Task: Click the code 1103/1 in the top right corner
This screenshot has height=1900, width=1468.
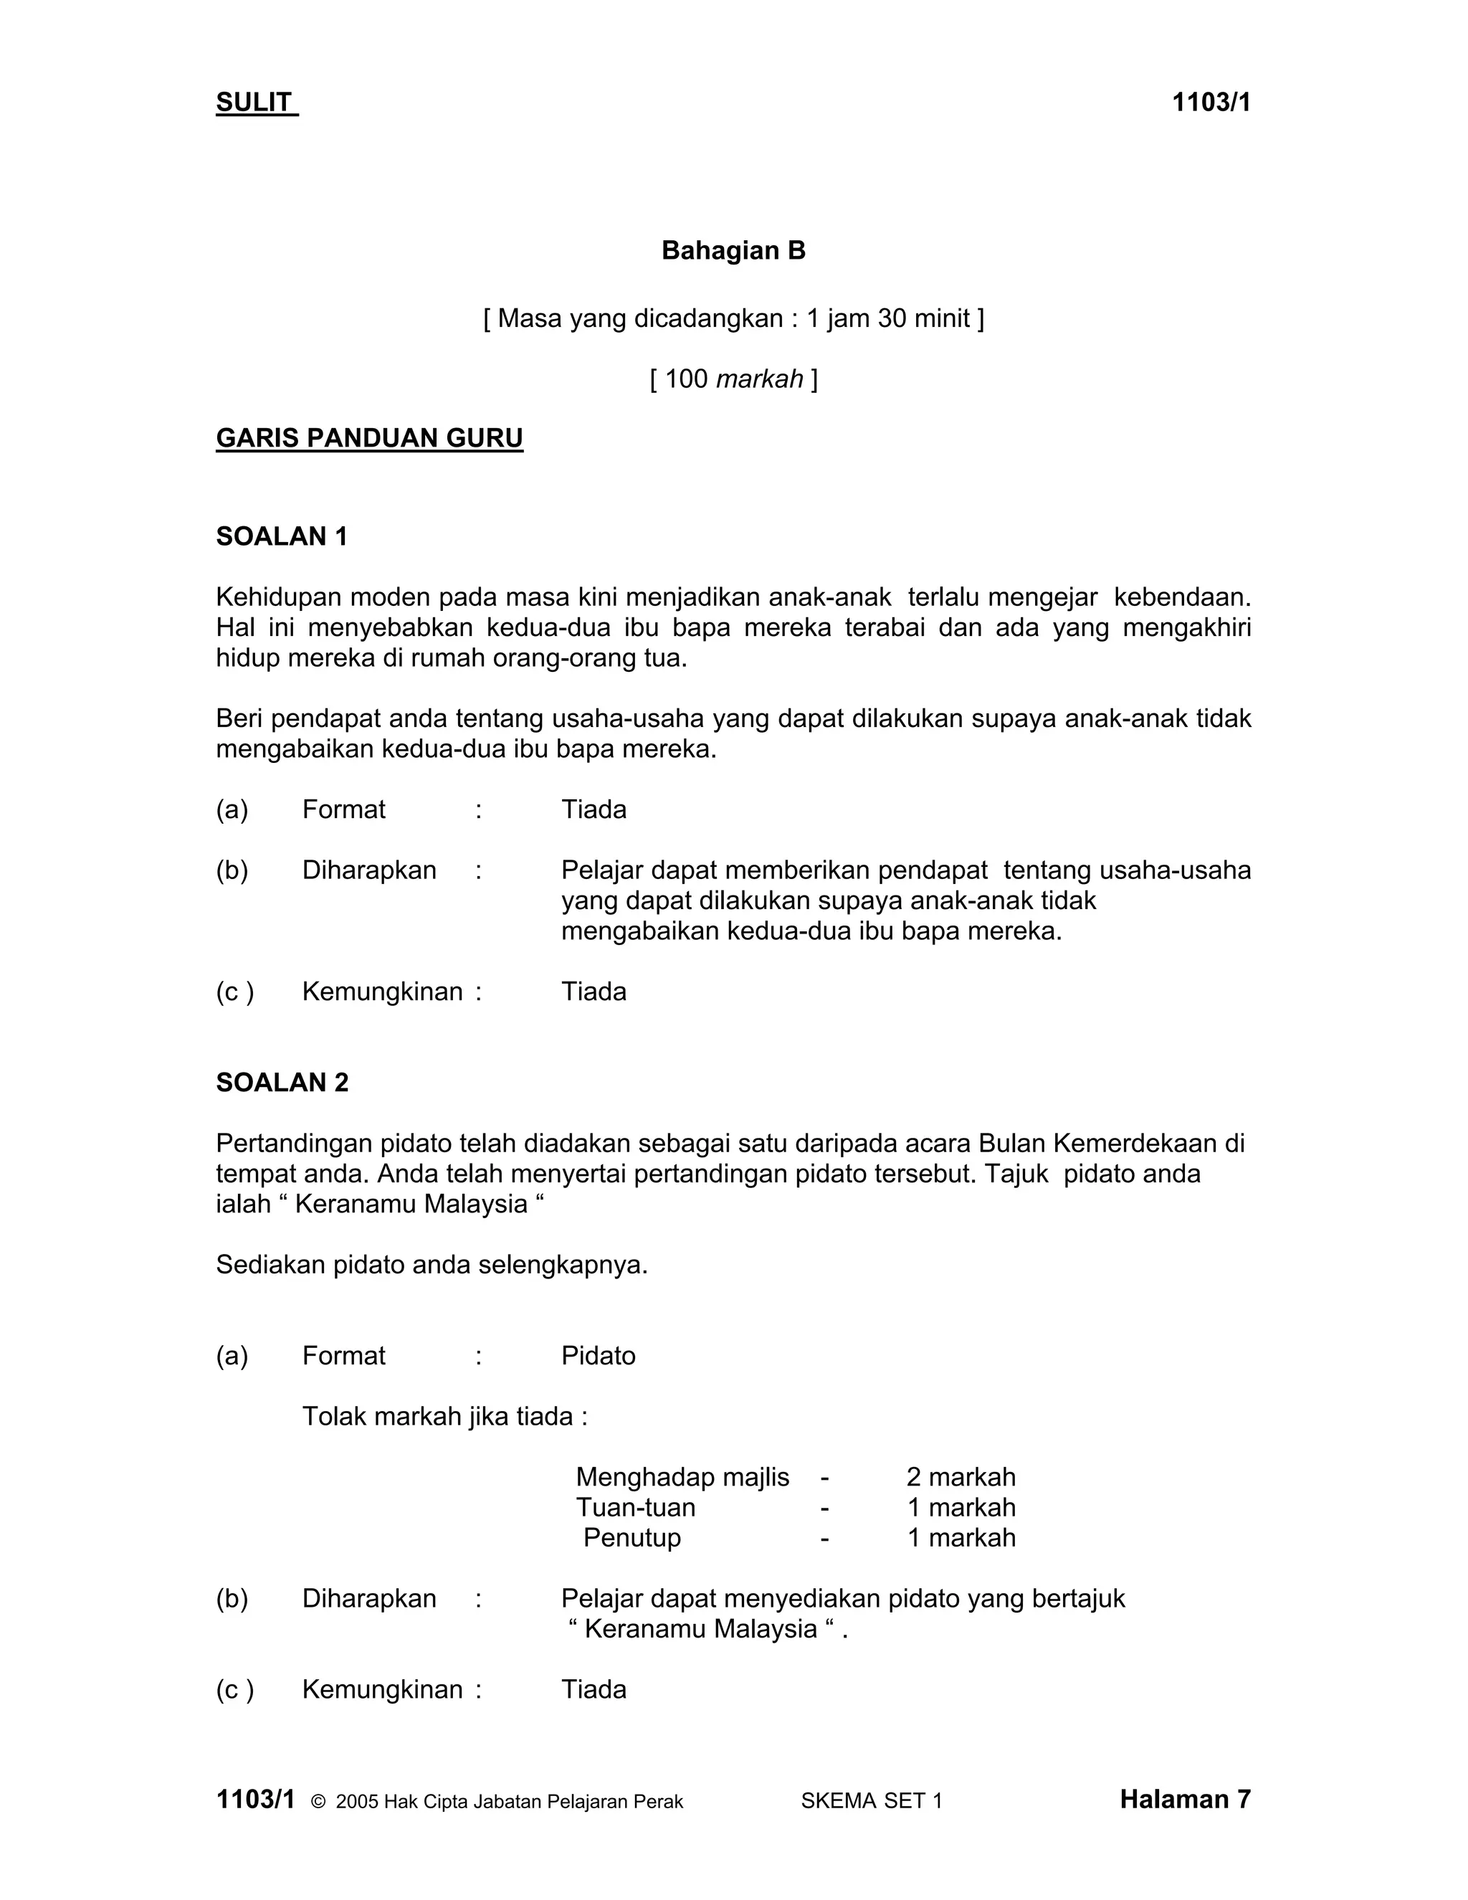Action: (x=1211, y=103)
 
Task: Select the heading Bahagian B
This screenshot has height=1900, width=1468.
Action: (x=733, y=250)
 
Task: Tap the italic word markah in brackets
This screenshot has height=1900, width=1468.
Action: (x=759, y=379)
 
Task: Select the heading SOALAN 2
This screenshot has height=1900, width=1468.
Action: (x=282, y=1082)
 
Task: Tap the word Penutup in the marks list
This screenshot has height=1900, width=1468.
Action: (x=631, y=1537)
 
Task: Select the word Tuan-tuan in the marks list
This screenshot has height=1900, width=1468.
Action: (x=635, y=1508)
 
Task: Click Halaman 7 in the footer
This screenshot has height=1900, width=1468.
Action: (x=1184, y=1799)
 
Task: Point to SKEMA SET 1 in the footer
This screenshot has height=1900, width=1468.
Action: (x=872, y=1801)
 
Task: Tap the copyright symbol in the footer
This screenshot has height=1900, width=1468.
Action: (x=318, y=1802)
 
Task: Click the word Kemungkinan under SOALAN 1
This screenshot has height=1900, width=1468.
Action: (x=382, y=992)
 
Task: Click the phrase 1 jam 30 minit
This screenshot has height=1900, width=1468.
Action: (x=887, y=318)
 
